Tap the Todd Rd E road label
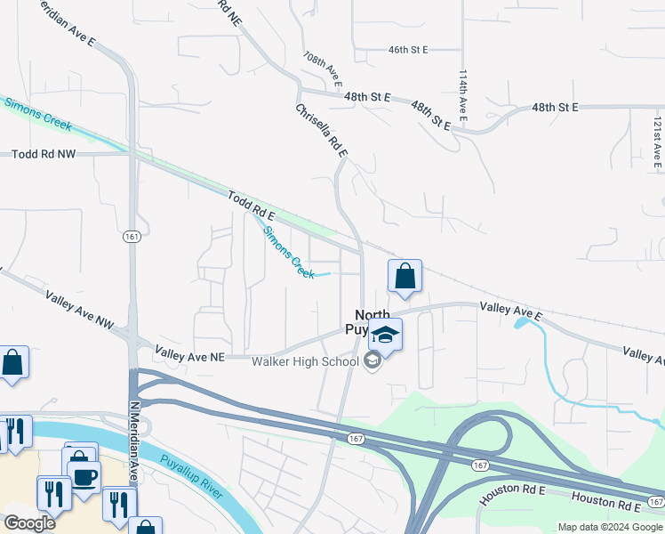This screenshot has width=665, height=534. coord(251,206)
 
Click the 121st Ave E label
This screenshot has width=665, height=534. coord(657,141)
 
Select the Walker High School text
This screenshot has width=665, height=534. coord(305,361)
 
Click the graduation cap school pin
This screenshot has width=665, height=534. coord(386,334)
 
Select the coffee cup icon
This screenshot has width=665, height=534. coord(84,475)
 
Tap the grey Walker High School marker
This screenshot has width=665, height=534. coord(373,360)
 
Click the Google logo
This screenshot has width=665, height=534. coord(29,523)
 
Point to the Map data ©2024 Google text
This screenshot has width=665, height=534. coord(609,527)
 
